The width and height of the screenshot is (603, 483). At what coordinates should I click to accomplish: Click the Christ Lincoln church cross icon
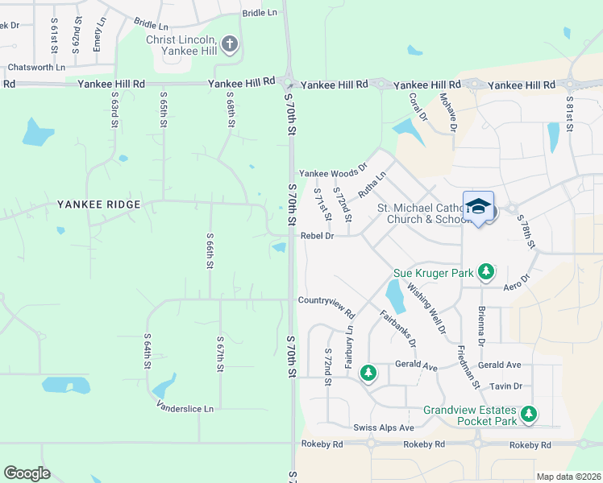pyautogui.click(x=230, y=43)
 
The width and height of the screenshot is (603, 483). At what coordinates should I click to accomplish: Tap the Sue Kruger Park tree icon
pyautogui.click(x=485, y=272)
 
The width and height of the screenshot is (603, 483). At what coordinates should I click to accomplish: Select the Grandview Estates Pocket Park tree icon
pyautogui.click(x=528, y=414)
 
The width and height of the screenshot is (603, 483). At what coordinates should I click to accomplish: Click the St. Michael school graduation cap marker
pyautogui.click(x=478, y=207)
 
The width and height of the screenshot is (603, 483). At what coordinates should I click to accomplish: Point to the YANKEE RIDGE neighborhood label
pyautogui.click(x=99, y=204)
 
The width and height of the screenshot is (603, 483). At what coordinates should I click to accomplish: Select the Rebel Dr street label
pyautogui.click(x=317, y=236)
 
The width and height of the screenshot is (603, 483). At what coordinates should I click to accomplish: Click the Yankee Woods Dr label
pyautogui.click(x=333, y=173)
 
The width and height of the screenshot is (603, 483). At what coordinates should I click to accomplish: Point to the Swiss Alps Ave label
pyautogui.click(x=383, y=427)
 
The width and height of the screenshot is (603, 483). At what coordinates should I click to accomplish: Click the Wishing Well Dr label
pyautogui.click(x=426, y=307)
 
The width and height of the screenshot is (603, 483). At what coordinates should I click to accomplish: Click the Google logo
pyautogui.click(x=27, y=473)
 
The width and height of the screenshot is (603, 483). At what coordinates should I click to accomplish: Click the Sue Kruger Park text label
pyautogui.click(x=433, y=273)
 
